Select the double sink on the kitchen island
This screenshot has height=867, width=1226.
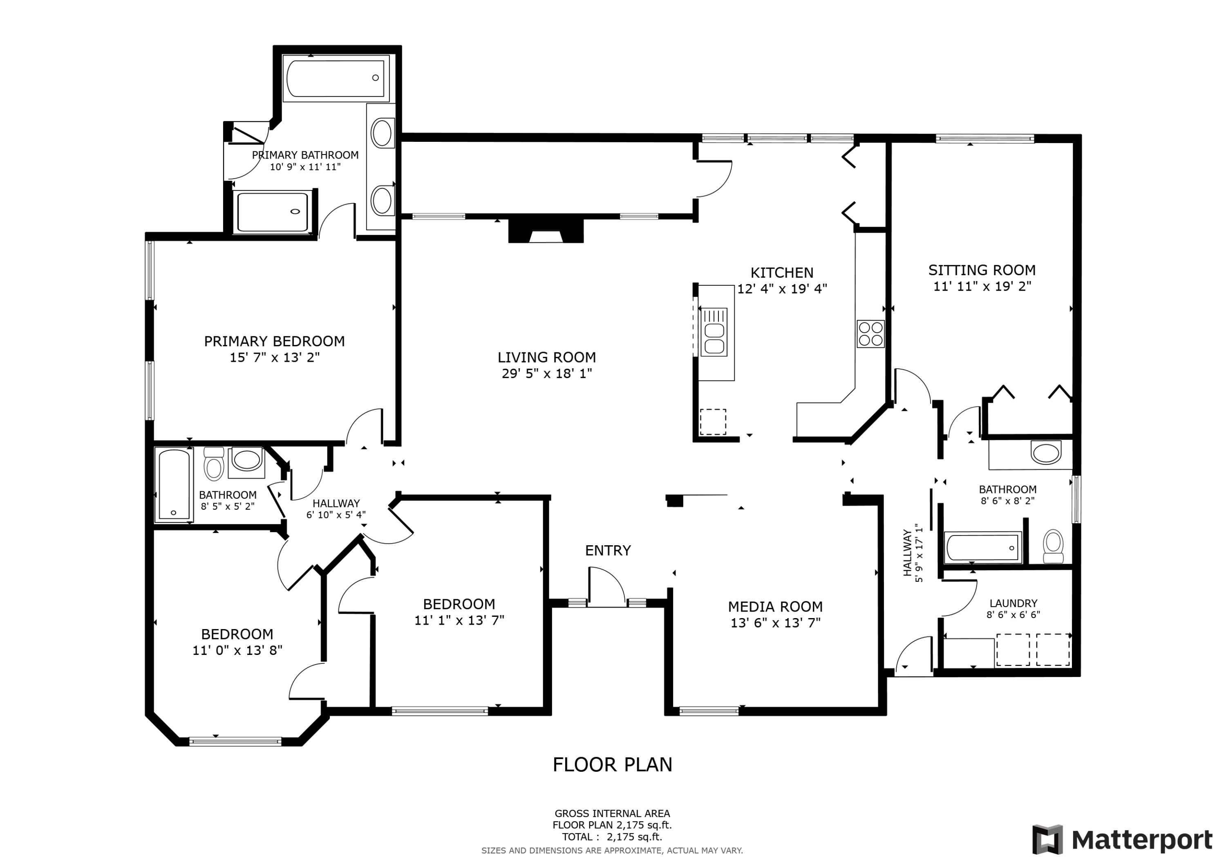714,339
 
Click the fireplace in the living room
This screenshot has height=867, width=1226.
545,232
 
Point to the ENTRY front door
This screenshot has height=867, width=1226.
607,588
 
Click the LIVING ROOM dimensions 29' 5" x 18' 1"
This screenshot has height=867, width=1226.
547,373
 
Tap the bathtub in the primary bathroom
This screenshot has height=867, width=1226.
336,78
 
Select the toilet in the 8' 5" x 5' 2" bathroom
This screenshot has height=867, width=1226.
214,465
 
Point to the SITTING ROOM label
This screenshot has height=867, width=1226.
982,270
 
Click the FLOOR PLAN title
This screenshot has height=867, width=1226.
613,765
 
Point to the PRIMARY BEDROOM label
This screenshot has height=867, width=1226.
275,341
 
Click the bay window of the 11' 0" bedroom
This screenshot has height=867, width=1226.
235,741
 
